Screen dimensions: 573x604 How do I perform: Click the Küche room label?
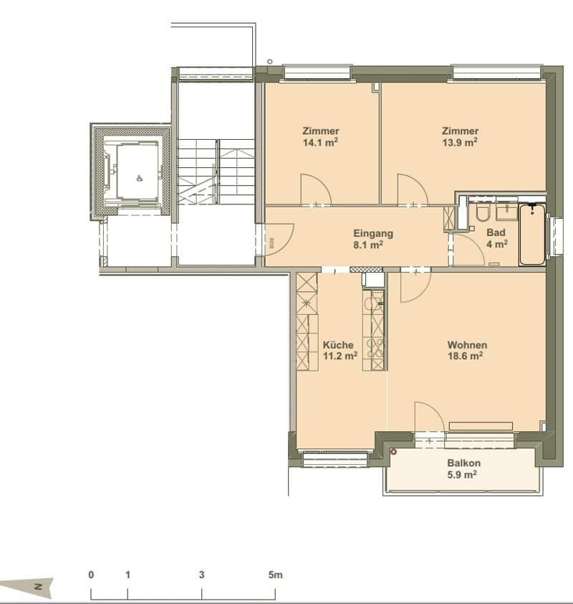338,345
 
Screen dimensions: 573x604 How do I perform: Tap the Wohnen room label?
467,345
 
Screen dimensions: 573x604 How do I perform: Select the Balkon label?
464,463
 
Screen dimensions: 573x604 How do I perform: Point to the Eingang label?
373,233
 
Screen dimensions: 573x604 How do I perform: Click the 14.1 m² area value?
320,143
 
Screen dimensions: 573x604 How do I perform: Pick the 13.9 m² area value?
460,143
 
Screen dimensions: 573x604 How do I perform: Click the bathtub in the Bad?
532,235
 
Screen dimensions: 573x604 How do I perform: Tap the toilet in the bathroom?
483,213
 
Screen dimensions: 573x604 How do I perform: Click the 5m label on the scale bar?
275,575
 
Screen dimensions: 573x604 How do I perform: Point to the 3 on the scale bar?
201,575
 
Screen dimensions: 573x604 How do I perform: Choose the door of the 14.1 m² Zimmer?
316,189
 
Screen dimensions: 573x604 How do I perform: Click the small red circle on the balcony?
393,452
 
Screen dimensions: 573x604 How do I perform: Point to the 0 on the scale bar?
91,575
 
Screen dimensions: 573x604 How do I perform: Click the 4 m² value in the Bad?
497,244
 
